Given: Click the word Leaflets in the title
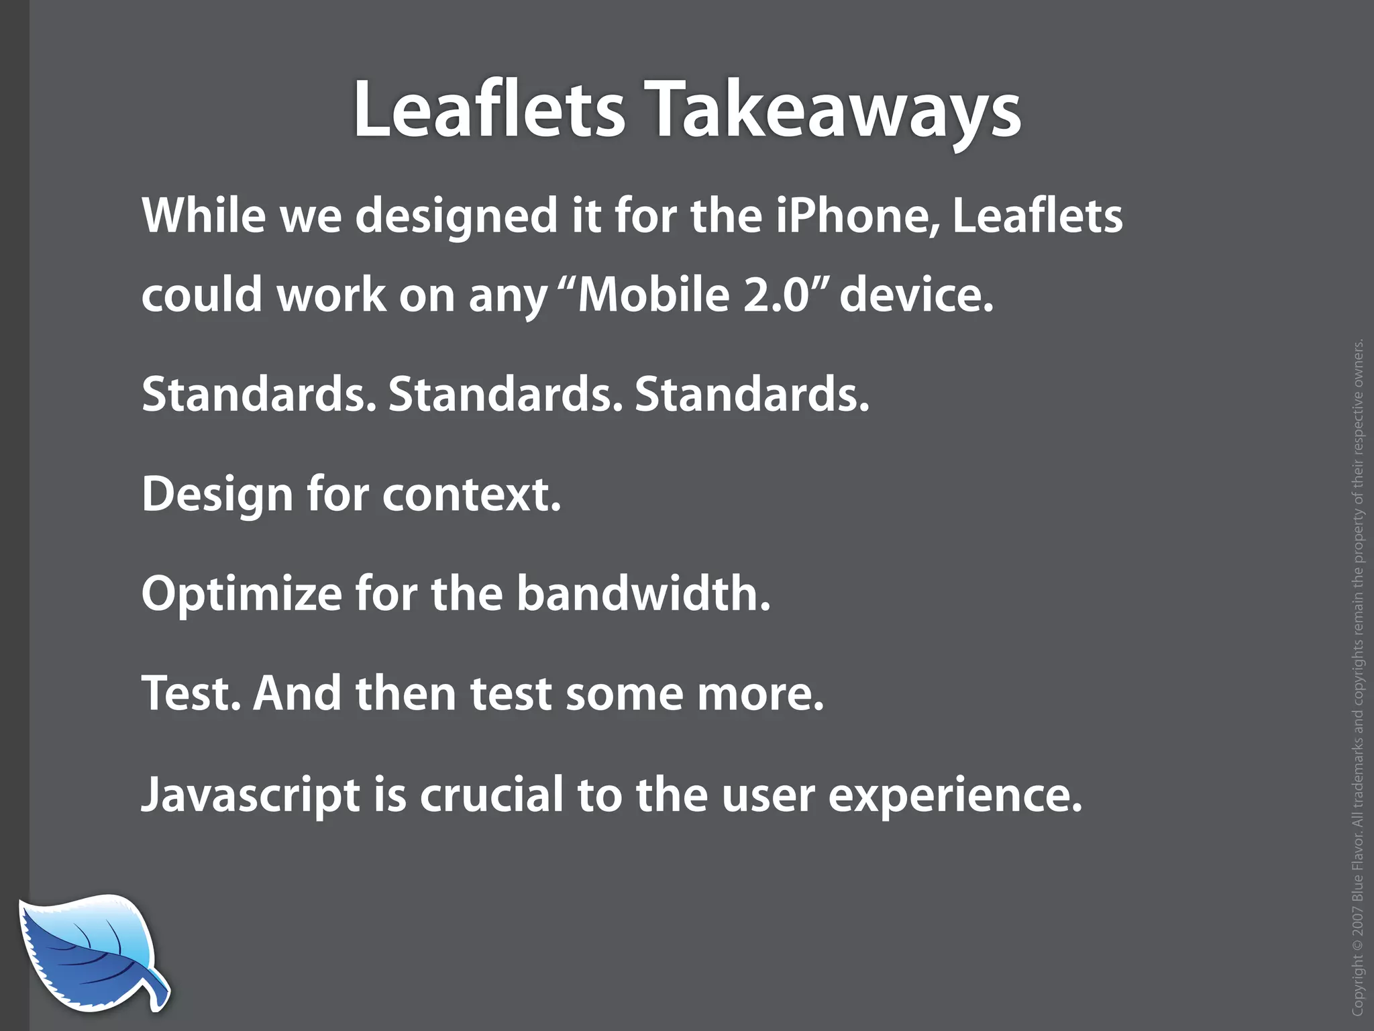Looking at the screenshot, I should [x=489, y=109].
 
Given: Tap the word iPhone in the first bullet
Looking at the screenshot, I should [x=858, y=215].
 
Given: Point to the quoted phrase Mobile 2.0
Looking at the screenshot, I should [x=694, y=295].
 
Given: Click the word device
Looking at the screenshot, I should [x=916, y=295].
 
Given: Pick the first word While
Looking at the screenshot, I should [x=204, y=215].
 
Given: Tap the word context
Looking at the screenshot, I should [x=471, y=495].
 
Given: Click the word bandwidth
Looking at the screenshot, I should [x=643, y=593].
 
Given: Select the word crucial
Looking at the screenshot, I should [x=491, y=793].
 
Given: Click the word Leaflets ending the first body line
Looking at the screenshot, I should [x=1037, y=215].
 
